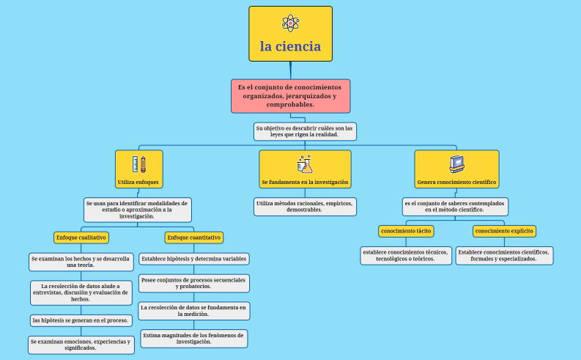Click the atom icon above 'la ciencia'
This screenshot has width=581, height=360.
click(x=290, y=23)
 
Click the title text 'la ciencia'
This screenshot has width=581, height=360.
click(x=290, y=46)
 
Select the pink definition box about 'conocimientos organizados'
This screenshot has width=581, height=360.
click(x=290, y=96)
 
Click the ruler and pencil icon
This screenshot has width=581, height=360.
click(x=138, y=164)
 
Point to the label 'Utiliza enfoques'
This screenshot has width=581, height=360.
click(x=138, y=181)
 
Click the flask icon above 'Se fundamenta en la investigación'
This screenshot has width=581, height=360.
click(x=305, y=164)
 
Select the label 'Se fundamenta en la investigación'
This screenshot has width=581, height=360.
click(x=305, y=181)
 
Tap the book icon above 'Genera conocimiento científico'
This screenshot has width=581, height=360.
click(x=456, y=163)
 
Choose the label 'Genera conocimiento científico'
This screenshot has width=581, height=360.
click(x=456, y=181)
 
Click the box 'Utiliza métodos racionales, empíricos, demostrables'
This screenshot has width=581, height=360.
click(x=305, y=207)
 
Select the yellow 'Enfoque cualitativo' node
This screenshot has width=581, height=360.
click(x=81, y=238)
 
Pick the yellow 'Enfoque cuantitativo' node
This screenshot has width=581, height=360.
click(x=194, y=238)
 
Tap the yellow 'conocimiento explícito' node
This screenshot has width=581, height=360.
click(x=504, y=231)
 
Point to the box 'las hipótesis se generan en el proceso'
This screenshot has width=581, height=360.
click(x=81, y=320)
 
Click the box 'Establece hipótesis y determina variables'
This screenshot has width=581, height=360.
click(x=194, y=259)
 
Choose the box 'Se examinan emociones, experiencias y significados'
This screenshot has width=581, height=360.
click(x=81, y=345)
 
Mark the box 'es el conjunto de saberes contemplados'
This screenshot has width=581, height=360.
click(x=455, y=206)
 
